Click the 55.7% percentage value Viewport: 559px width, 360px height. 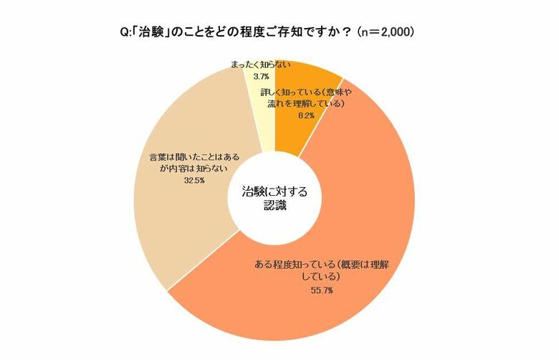[x=302, y=290]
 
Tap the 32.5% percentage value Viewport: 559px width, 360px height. [x=193, y=181]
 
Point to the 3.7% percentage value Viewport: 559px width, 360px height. [x=262, y=75]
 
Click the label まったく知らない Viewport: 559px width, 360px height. [x=261, y=65]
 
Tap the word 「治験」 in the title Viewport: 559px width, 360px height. [x=154, y=32]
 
